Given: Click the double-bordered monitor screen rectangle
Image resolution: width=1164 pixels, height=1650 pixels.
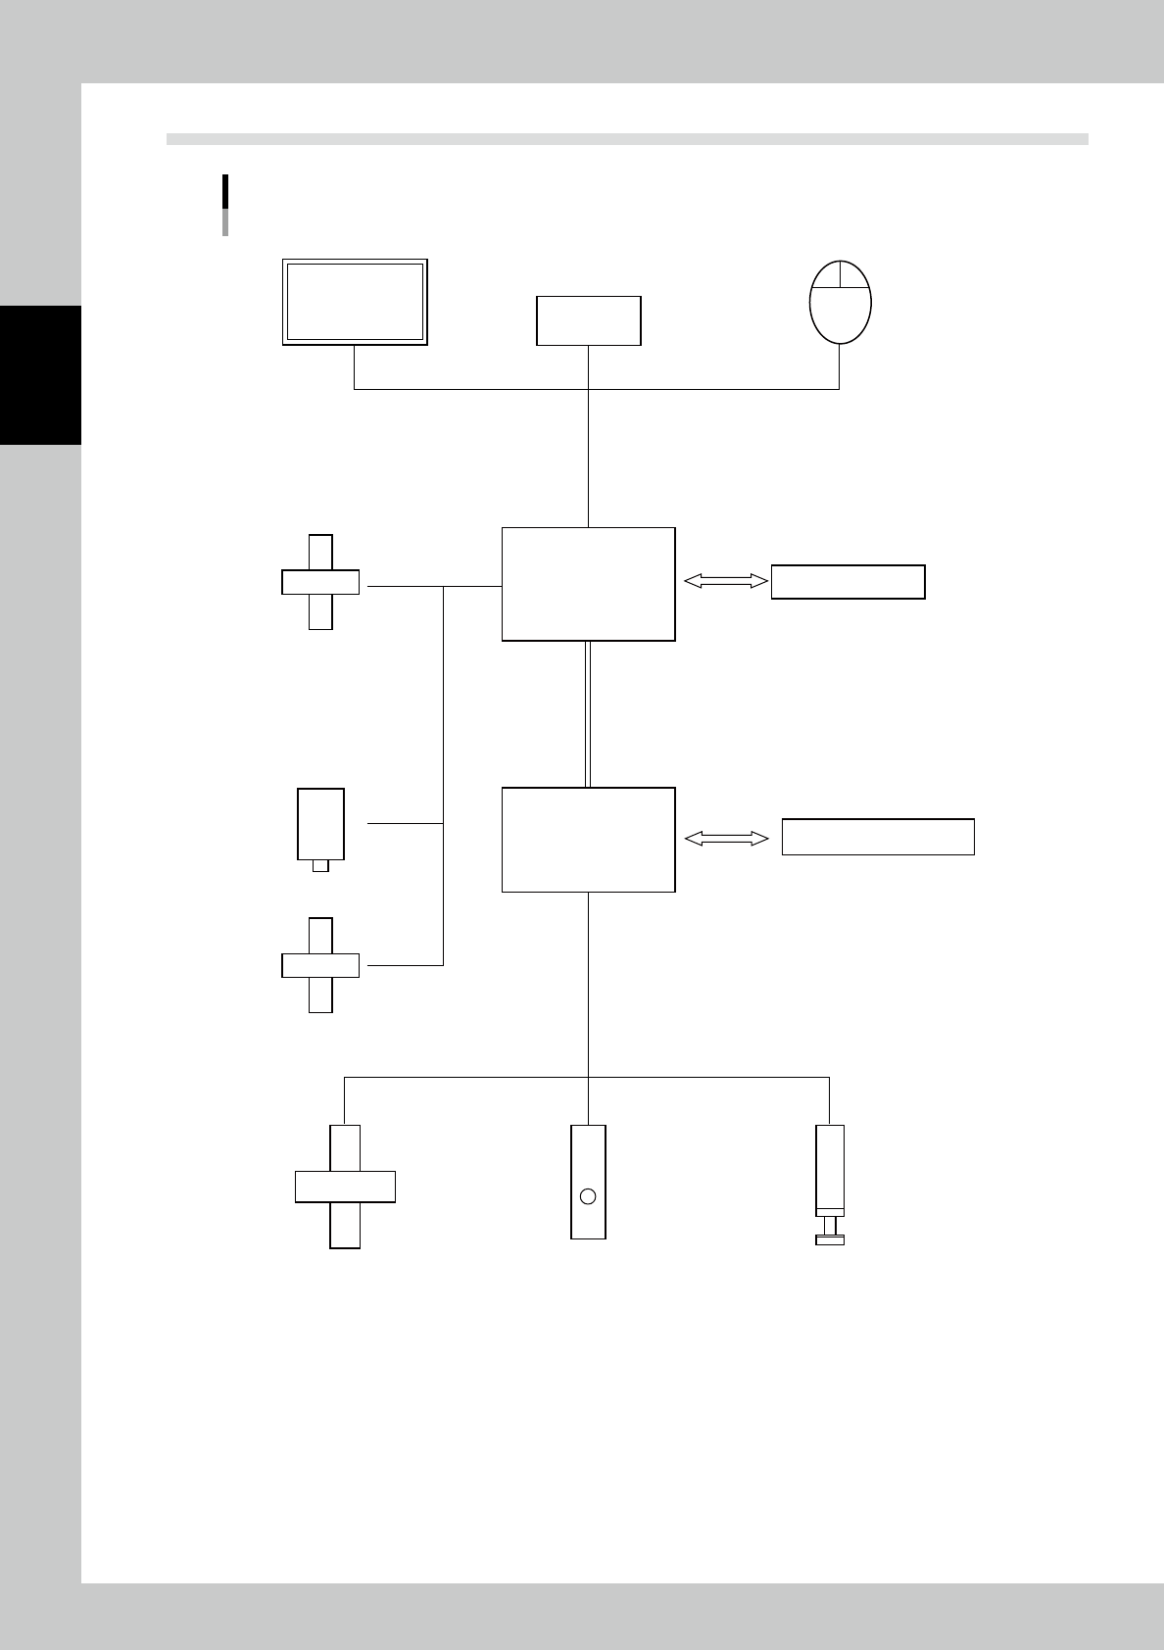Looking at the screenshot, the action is (x=355, y=302).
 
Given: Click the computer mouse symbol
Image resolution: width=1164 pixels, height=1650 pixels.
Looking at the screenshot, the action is (x=841, y=302).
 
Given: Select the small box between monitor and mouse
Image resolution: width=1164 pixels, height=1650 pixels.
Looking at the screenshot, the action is (x=588, y=320).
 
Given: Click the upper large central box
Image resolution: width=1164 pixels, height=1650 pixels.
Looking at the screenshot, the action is (x=588, y=584).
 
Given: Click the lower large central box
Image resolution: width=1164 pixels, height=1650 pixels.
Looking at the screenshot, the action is (x=588, y=839).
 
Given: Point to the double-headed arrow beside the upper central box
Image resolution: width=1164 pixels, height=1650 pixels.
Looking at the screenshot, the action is (x=725, y=581).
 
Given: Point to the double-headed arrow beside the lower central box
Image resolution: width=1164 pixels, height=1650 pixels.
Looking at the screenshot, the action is (x=725, y=838).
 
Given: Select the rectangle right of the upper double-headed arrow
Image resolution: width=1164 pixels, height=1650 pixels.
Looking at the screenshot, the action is (x=848, y=581).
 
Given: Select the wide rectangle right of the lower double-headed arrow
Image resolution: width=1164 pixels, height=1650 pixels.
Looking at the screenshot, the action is (x=877, y=837).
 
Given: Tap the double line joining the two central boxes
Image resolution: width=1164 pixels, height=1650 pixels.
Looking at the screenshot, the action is (x=588, y=713).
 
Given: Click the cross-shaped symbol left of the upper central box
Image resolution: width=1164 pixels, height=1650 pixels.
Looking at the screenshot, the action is (x=320, y=582).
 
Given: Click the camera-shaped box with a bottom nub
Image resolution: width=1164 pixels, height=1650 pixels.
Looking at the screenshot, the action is (x=320, y=823).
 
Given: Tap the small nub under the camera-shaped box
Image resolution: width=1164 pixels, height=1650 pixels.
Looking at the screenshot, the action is (x=320, y=866).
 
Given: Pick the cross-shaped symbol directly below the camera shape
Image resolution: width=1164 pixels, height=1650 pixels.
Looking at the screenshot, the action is (x=320, y=965).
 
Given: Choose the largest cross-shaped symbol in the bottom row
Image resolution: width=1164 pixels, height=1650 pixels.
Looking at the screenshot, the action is (x=345, y=1186).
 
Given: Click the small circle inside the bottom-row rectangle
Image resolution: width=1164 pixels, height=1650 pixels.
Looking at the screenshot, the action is (x=588, y=1195).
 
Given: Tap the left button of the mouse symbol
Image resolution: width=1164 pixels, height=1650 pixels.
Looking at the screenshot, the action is (x=827, y=276).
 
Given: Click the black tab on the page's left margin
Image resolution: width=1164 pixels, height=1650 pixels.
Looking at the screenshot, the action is (x=40, y=375).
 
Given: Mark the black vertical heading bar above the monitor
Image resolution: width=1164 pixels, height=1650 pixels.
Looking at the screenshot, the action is (x=225, y=191).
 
